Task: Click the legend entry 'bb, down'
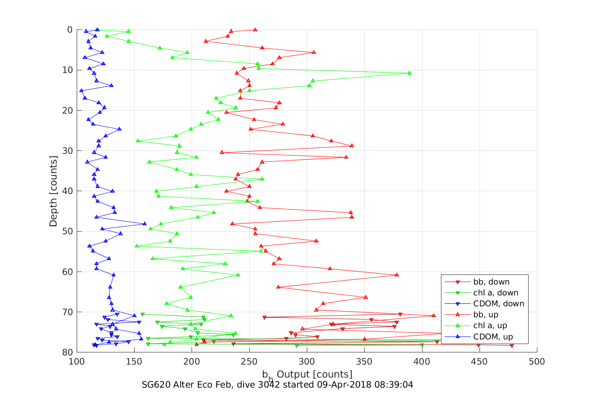491,282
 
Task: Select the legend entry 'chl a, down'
495,293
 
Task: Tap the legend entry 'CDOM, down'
498,304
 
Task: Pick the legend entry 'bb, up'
485,315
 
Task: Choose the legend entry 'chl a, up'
490,326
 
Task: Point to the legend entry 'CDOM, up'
493,336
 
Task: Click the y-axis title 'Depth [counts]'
53,191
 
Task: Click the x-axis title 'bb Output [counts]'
307,375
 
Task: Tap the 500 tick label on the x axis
537,362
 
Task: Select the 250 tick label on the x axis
249,362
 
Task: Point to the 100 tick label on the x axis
76,362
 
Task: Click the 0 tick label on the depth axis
70,30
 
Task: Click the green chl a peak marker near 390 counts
410,73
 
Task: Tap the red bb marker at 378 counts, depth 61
397,275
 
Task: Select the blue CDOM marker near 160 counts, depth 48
145,224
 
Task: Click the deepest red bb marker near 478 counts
512,346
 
